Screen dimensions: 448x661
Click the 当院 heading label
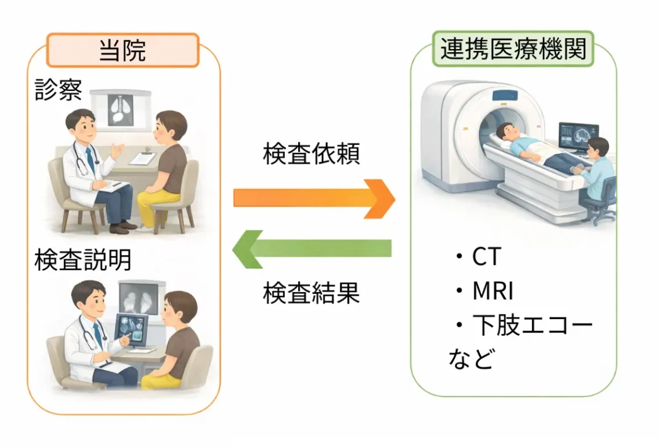[123, 50]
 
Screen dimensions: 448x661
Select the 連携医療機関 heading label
[513, 49]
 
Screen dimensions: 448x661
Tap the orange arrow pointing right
[314, 198]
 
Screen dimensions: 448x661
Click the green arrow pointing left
[312, 248]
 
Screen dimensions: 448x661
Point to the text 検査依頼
[311, 155]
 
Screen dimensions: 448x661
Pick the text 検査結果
[311, 293]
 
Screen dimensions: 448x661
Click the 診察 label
[58, 90]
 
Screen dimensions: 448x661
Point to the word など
[471, 358]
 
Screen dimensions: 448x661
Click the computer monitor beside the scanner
[578, 136]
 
